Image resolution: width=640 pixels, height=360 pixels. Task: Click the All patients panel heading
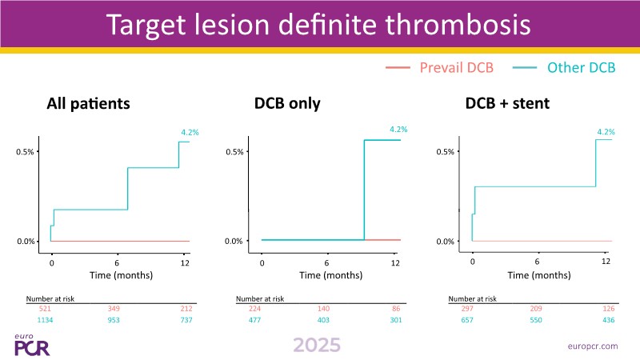(x=88, y=104)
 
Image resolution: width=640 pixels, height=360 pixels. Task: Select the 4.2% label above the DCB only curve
(x=398, y=129)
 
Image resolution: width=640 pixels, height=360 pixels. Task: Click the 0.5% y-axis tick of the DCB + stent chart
(x=444, y=151)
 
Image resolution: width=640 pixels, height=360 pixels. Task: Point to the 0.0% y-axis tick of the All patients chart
(x=26, y=241)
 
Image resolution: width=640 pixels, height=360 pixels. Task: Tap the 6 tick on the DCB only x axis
(x=326, y=263)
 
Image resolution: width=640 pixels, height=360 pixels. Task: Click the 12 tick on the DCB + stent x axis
(x=606, y=262)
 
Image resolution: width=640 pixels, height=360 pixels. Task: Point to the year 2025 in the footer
(x=316, y=345)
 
